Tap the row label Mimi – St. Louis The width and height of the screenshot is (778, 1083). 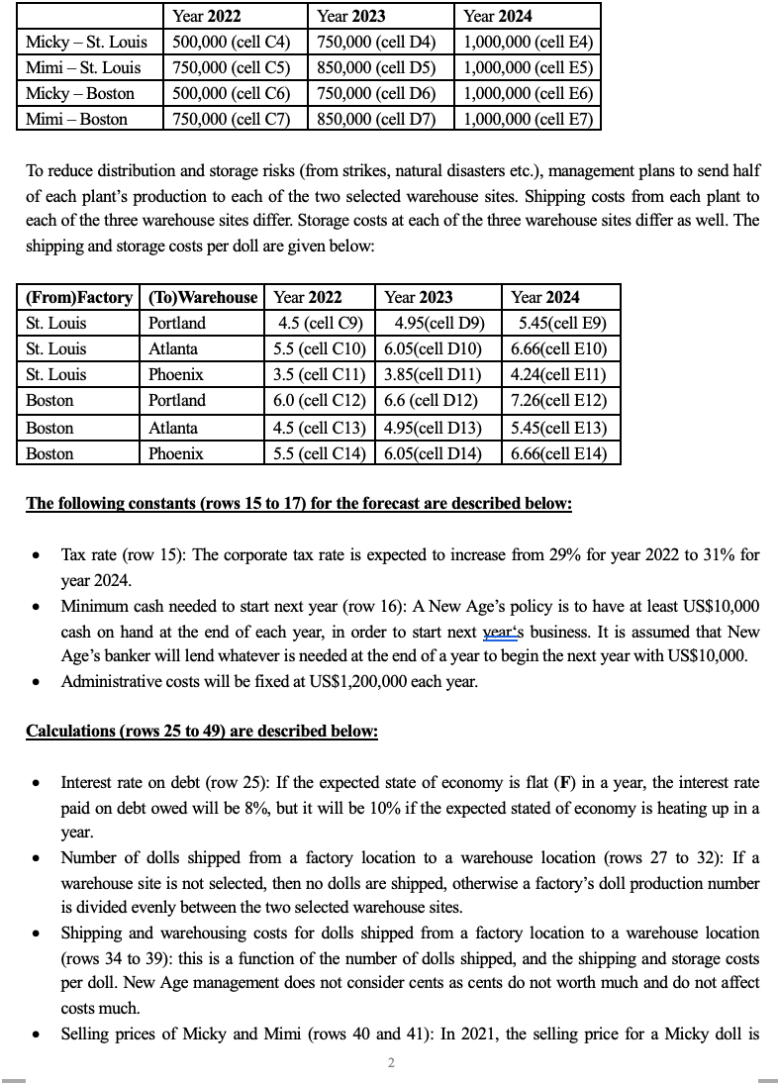[83, 67]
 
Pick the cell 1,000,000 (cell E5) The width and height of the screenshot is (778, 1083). [527, 67]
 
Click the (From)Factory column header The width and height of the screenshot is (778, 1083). [79, 297]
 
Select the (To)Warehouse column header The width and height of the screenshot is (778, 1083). [203, 297]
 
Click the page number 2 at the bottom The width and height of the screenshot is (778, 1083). [390, 1063]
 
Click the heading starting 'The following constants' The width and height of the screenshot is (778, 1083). [298, 503]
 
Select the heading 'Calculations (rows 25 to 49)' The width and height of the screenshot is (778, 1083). [201, 731]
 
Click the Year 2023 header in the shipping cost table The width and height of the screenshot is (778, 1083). [419, 297]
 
